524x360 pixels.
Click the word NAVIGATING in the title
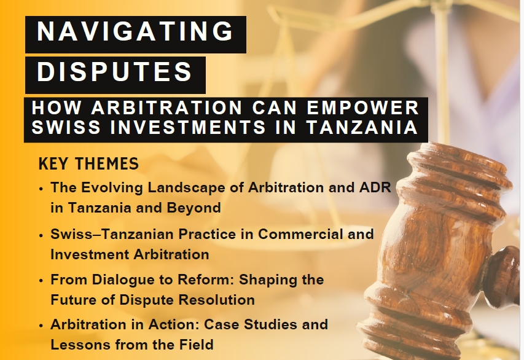pos(135,31)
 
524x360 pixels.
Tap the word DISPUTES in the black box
pos(115,71)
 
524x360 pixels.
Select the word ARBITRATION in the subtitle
pos(166,108)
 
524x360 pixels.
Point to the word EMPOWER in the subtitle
pos(362,108)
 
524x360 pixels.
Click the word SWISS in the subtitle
pos(66,127)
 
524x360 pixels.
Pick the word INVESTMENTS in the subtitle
pos(188,127)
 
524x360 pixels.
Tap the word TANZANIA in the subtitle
pos(362,127)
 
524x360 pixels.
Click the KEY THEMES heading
pos(88,164)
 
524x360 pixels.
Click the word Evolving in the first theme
pos(112,188)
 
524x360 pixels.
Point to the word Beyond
pos(194,208)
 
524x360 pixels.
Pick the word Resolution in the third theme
pos(217,300)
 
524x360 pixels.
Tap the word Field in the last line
pos(197,345)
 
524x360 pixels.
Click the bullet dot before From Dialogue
pos(41,281)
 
